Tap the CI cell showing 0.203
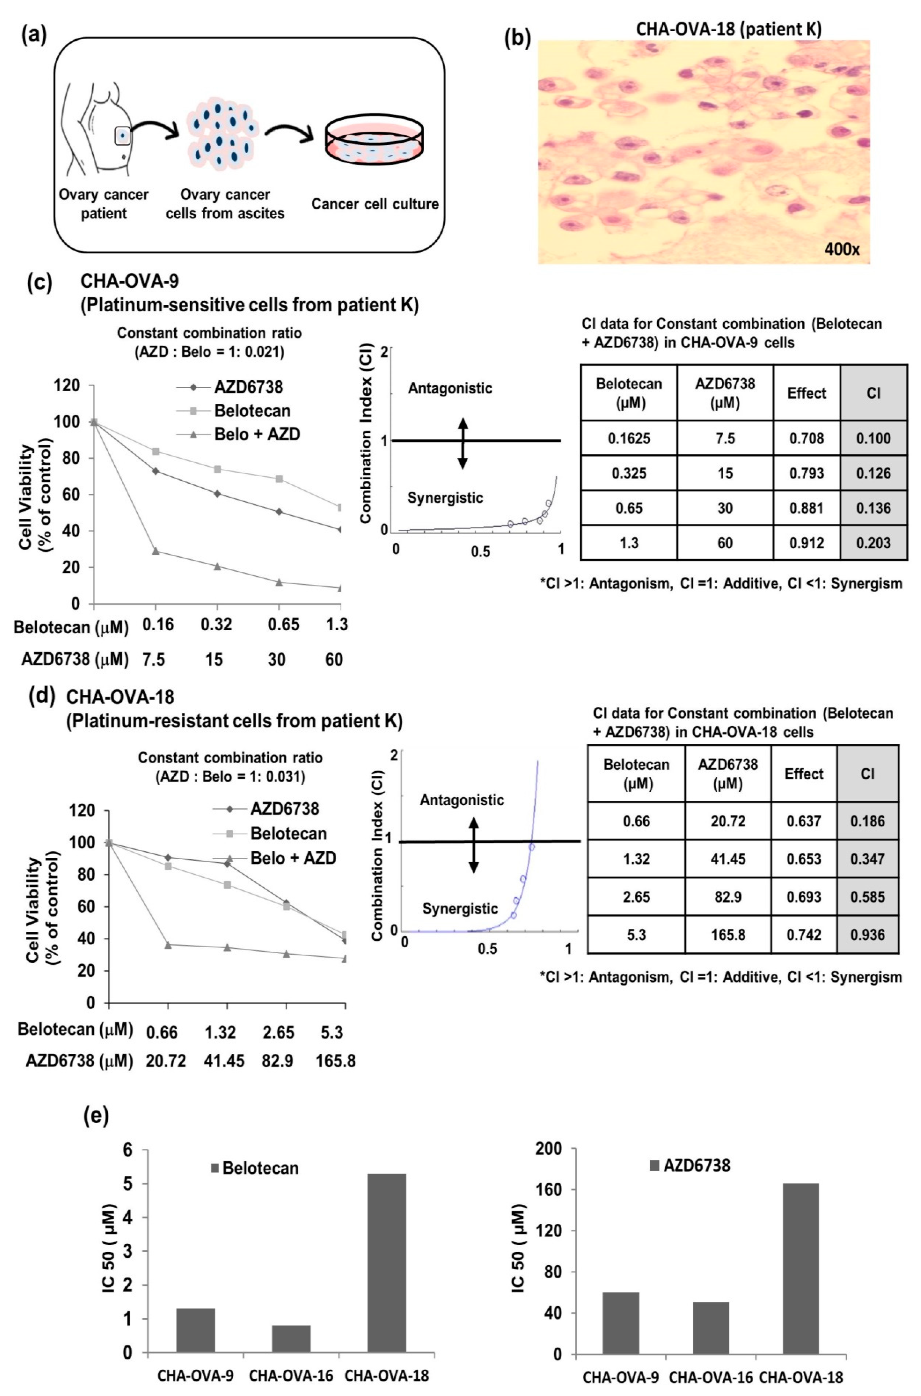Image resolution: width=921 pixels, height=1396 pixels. tap(873, 543)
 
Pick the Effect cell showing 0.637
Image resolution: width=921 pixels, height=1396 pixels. tap(803, 821)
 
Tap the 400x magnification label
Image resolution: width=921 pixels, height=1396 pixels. tap(842, 249)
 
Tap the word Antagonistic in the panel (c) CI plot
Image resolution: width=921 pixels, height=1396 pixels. tap(450, 388)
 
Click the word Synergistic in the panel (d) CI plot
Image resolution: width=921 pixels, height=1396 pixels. tap(460, 909)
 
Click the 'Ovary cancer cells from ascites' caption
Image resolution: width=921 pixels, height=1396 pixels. tap(225, 204)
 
